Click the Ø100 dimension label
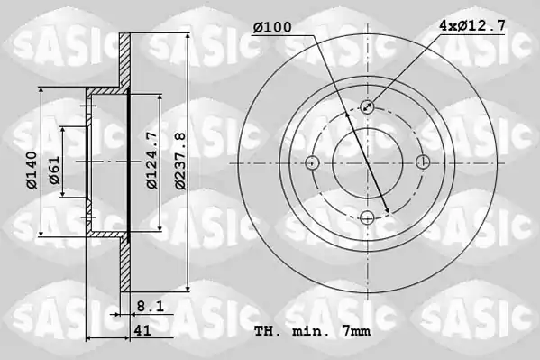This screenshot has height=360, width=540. (x=272, y=27)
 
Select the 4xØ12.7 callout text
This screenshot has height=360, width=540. (x=471, y=25)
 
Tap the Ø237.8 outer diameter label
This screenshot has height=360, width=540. (x=179, y=161)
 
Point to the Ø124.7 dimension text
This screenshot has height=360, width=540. (x=151, y=161)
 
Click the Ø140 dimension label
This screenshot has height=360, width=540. (x=32, y=170)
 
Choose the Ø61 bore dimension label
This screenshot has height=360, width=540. (x=54, y=170)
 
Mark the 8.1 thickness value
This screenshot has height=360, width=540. (x=151, y=306)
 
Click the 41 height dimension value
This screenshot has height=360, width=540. (x=142, y=330)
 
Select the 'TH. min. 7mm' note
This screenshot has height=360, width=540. (x=312, y=331)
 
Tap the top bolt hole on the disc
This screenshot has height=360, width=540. (x=368, y=106)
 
